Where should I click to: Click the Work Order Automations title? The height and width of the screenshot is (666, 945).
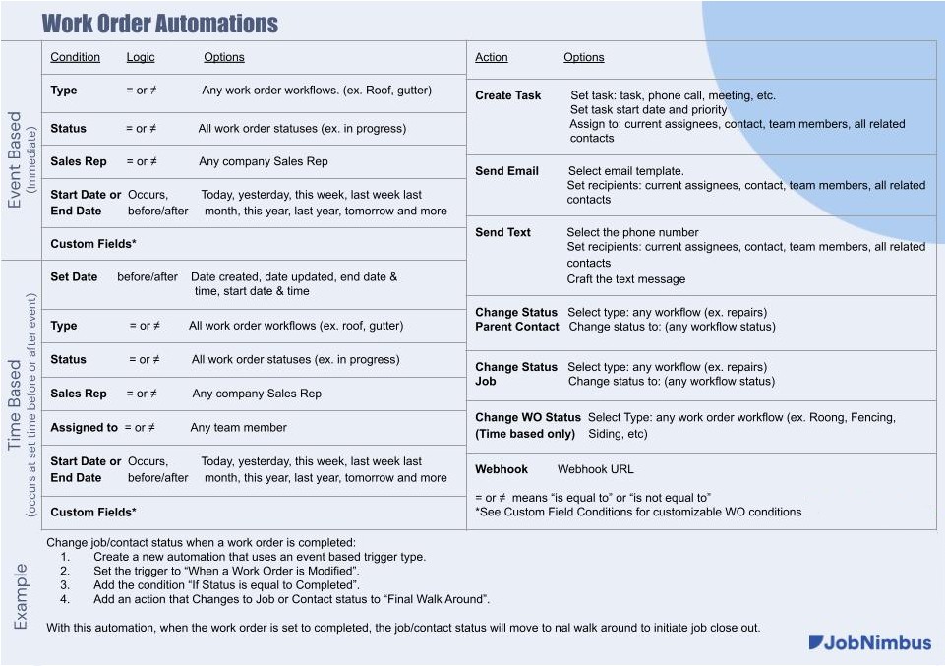(x=159, y=23)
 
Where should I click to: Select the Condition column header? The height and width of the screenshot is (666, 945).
(x=75, y=57)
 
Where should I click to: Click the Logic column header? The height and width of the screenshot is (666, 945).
(x=141, y=57)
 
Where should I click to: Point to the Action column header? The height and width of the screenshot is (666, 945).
(x=491, y=57)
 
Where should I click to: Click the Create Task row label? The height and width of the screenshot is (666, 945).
(x=507, y=95)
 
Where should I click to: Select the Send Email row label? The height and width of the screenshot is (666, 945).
(x=506, y=171)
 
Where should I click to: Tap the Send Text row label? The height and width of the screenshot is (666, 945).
(x=502, y=233)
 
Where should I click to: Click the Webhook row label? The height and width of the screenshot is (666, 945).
(x=502, y=469)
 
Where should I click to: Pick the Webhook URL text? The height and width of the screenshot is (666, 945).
(x=595, y=469)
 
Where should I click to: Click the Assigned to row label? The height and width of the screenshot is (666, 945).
(x=84, y=428)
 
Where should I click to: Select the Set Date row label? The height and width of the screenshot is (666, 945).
(x=74, y=277)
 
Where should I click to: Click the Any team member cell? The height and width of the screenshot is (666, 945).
(x=238, y=428)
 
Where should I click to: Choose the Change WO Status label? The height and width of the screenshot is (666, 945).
(x=528, y=418)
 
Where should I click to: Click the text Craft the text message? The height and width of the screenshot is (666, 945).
(x=625, y=279)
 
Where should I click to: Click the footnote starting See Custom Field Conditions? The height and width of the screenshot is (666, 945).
(x=638, y=512)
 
